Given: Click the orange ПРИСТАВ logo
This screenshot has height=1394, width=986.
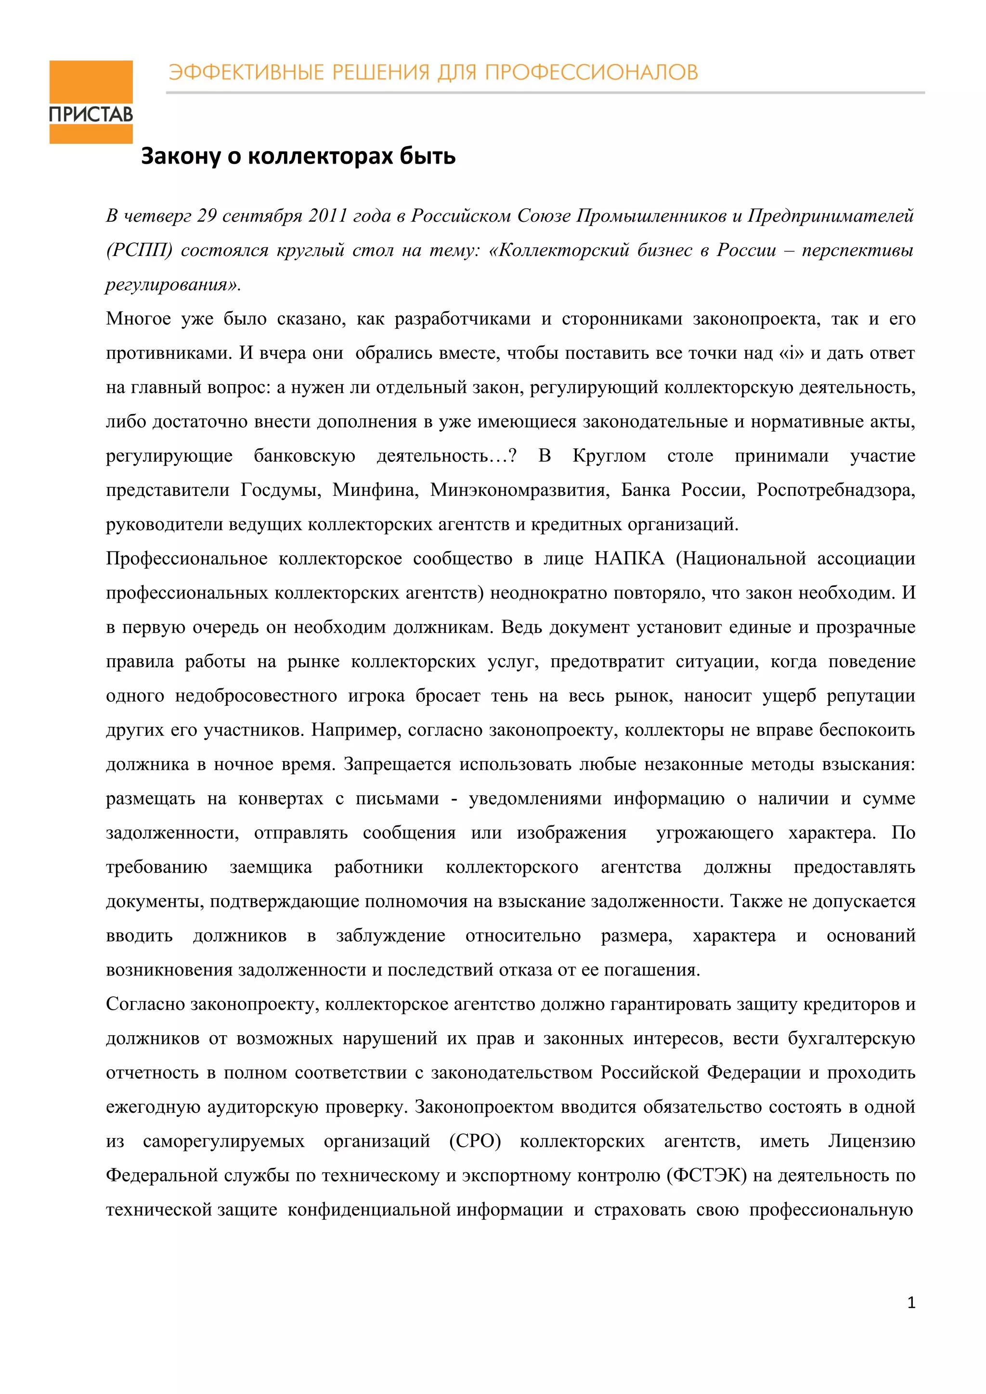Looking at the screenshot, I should (x=91, y=102).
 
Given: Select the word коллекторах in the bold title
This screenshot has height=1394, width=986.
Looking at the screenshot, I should (x=321, y=157).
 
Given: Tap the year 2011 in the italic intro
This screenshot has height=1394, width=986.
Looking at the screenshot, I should (x=327, y=215).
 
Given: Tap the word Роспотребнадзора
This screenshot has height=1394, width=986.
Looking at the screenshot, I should (x=835, y=490).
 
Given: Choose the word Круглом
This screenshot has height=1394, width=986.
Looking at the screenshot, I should (x=609, y=456).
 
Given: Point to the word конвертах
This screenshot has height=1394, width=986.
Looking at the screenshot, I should (x=280, y=798).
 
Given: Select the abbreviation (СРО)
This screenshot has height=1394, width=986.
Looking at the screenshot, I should (x=475, y=1141).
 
